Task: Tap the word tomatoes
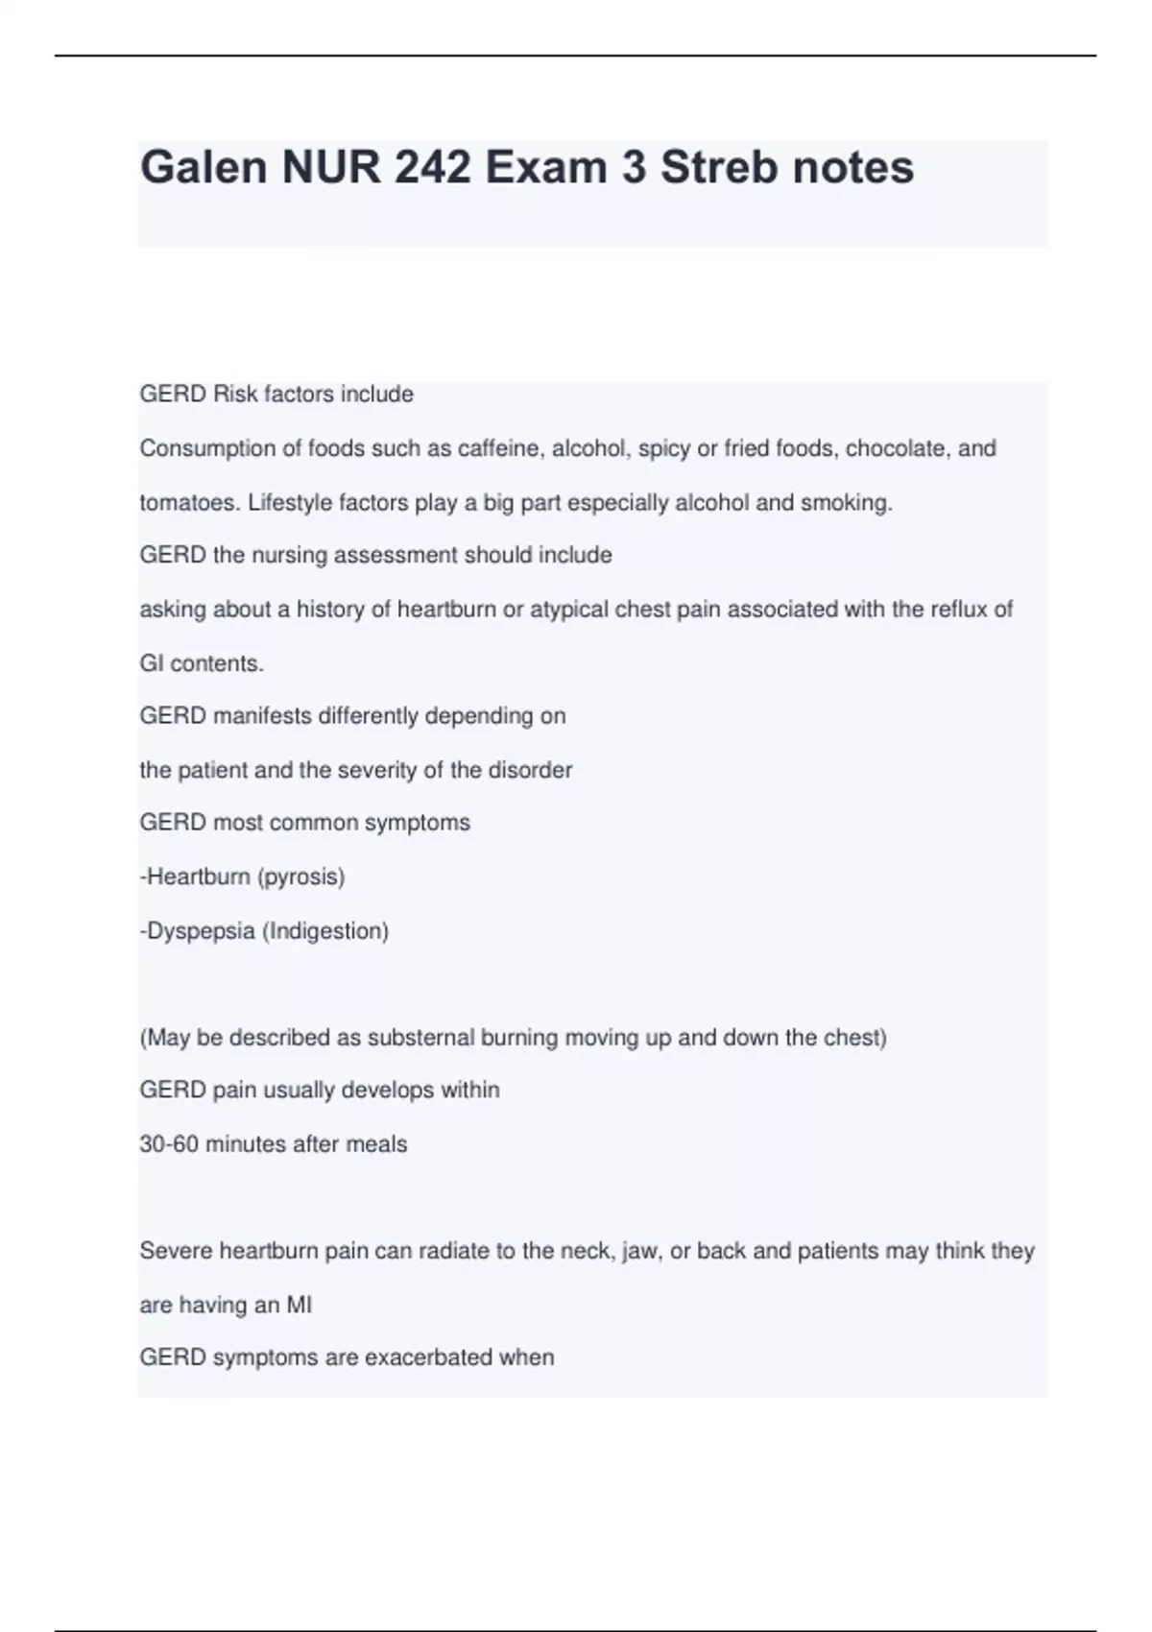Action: (x=189, y=503)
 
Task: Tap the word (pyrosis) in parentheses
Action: (x=300, y=876)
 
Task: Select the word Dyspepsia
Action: (x=200, y=931)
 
